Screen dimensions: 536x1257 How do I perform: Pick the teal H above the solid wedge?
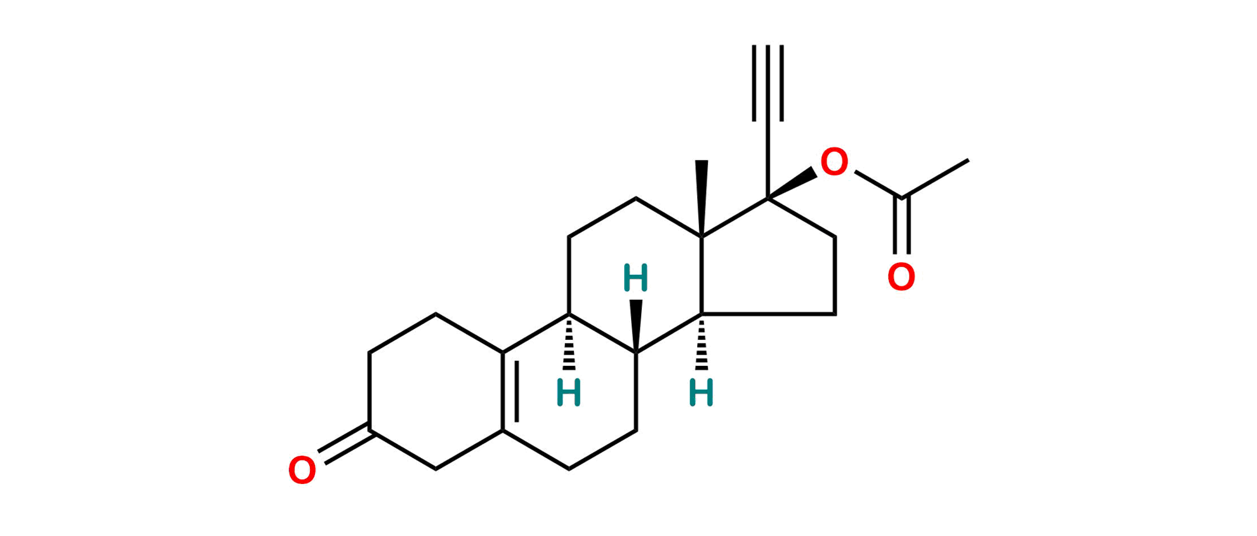coord(636,278)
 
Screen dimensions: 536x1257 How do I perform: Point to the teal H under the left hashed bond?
coord(569,392)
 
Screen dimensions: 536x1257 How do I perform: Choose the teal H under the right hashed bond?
coord(702,392)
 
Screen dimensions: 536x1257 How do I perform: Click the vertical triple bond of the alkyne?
coord(768,83)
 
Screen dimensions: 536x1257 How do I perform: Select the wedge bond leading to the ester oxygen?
coord(794,182)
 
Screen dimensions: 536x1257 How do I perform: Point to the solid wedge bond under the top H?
coord(637,324)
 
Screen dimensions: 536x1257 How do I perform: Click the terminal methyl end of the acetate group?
coord(970,160)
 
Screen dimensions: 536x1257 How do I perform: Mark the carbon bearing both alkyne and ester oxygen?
coord(768,197)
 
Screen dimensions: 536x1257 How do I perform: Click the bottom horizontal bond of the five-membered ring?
coord(769,313)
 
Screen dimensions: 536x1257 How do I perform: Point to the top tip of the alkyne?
coord(768,43)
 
